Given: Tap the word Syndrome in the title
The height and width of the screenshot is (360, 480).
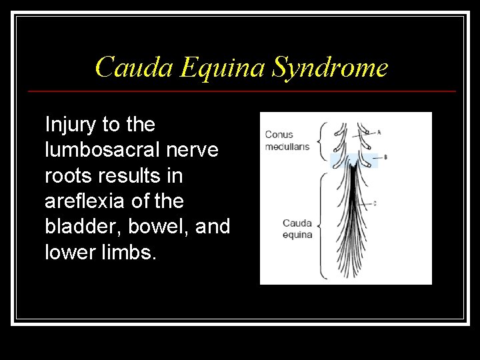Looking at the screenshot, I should click(x=331, y=67).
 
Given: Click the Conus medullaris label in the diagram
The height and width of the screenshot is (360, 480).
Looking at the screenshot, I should click(x=287, y=141).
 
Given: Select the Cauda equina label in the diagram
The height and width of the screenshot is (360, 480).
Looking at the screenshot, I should click(x=297, y=229).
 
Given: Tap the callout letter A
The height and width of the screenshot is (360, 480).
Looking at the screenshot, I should click(x=379, y=132).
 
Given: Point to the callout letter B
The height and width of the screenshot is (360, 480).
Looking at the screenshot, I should click(x=385, y=157).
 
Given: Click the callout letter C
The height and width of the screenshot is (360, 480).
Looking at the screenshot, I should click(x=375, y=203).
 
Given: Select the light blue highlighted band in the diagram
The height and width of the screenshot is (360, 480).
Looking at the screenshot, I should click(x=353, y=160).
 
